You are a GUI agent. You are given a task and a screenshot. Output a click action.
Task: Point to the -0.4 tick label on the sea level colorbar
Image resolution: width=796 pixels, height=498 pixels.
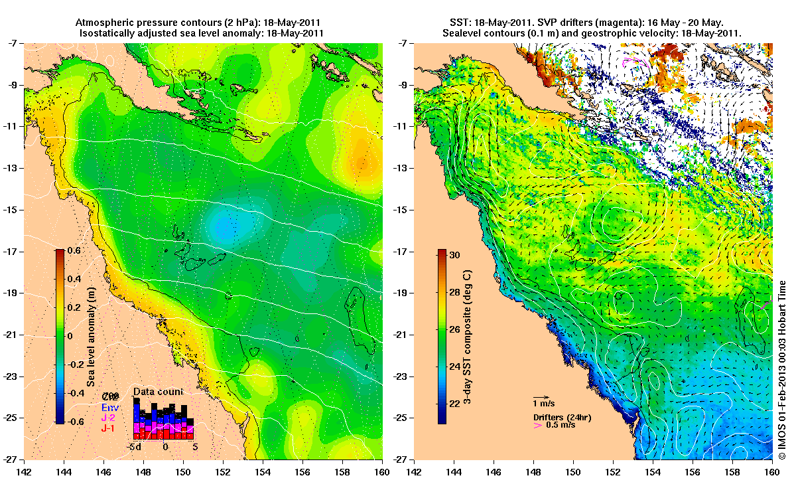[x=73, y=392]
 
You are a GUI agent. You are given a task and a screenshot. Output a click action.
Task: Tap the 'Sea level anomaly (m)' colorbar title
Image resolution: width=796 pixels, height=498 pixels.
[x=90, y=337]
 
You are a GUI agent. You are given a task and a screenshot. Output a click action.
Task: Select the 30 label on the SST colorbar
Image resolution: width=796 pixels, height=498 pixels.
[x=455, y=254]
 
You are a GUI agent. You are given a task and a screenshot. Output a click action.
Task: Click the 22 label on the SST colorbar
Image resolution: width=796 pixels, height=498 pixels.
[x=455, y=403]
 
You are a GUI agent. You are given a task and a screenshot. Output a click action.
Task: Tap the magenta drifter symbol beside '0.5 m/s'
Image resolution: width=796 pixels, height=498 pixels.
[x=538, y=425]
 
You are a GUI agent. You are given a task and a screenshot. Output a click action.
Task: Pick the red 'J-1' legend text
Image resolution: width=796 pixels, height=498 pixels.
[x=107, y=429]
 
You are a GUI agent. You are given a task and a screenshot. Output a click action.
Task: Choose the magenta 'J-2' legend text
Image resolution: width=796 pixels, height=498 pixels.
[x=107, y=418]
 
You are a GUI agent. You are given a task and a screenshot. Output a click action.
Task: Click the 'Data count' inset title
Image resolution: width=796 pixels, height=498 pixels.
[x=158, y=392]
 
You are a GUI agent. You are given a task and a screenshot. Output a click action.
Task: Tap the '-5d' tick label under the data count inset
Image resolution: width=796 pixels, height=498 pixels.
[x=137, y=447]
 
